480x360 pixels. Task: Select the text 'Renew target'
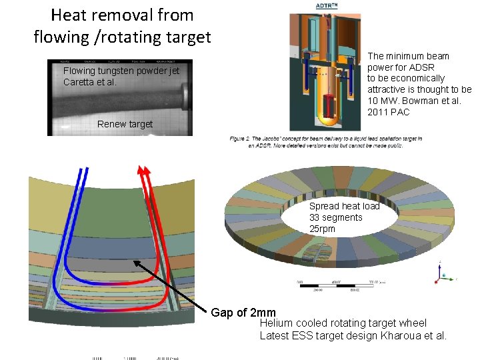(125, 124)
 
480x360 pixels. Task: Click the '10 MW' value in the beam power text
(382, 101)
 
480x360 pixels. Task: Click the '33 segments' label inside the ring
(335, 217)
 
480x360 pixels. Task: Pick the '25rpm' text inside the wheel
(322, 229)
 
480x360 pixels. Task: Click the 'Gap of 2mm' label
(243, 313)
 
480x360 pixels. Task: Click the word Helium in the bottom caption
(276, 323)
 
